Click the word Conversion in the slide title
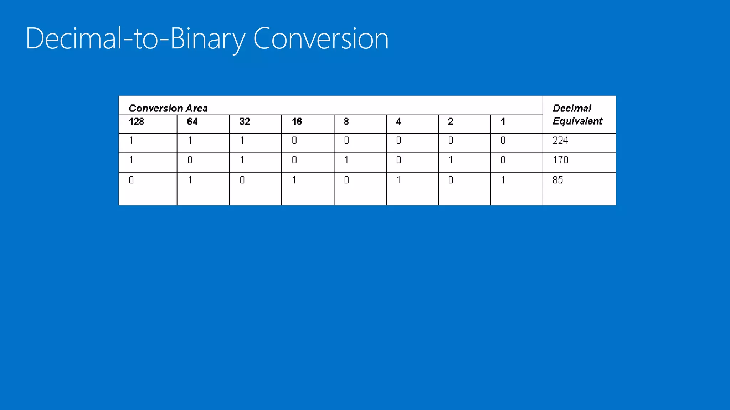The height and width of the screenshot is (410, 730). [x=320, y=38]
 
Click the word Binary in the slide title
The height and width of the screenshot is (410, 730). [x=208, y=38]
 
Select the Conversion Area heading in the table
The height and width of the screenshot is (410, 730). [x=168, y=108]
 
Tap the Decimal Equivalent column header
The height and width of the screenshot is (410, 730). [x=577, y=115]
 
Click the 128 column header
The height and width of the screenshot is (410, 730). [x=136, y=122]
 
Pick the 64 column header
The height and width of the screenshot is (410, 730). [x=192, y=122]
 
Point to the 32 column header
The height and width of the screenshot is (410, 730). [x=245, y=122]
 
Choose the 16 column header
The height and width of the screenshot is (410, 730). [x=297, y=122]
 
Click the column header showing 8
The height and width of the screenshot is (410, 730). [x=346, y=122]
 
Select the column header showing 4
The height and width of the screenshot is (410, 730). [x=398, y=122]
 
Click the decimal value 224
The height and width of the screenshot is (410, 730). [x=560, y=140]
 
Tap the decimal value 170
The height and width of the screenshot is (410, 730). [x=560, y=160]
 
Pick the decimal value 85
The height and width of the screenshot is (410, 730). [x=557, y=180]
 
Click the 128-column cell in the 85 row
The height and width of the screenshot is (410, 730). [x=131, y=180]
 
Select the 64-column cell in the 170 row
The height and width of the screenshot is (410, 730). [x=190, y=160]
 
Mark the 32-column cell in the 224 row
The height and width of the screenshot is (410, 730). [x=242, y=140]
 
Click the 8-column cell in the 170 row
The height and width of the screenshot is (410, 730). [x=346, y=160]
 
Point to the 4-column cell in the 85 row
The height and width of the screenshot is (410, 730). [x=399, y=180]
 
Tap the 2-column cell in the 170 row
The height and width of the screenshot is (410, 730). [x=451, y=160]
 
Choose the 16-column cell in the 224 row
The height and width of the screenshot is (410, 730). [x=294, y=140]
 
